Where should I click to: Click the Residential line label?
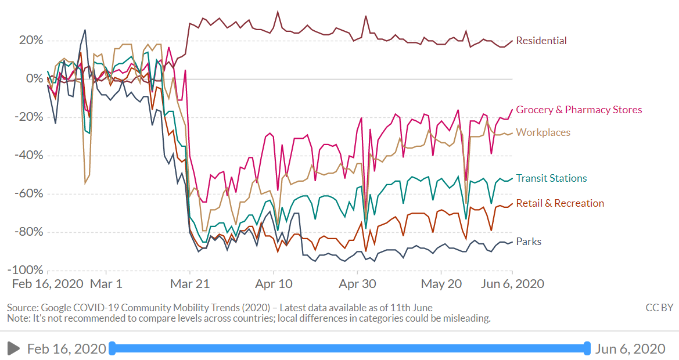[541, 41]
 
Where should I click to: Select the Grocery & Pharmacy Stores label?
[579, 110]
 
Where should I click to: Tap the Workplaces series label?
[543, 132]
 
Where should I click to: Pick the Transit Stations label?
[551, 178]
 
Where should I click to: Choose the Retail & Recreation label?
[560, 203]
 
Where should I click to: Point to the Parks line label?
[528, 242]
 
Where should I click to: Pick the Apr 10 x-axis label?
[274, 284]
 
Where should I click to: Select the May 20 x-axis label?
[441, 284]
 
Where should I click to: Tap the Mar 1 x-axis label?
[106, 284]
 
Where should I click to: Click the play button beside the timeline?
[13, 348]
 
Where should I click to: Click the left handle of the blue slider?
[112, 348]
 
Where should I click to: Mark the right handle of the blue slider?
[587, 348]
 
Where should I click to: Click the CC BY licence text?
[659, 308]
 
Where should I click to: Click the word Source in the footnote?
[21, 308]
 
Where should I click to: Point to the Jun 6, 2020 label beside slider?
[630, 348]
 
